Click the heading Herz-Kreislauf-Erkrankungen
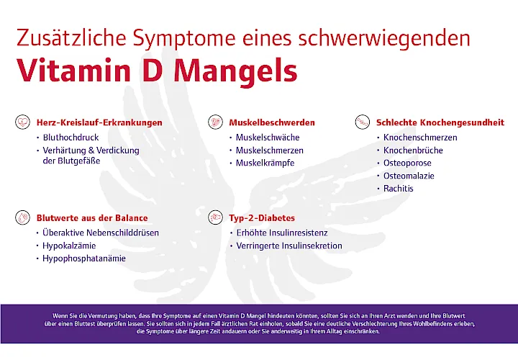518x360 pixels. [x=99, y=122]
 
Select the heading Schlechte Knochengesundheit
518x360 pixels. [x=440, y=122]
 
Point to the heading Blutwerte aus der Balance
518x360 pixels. [x=92, y=217]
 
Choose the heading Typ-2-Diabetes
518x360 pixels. [x=262, y=217]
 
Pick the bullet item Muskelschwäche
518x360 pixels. [x=268, y=137]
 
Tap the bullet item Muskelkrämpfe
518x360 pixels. [x=265, y=163]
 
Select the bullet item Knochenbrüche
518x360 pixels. [x=413, y=150]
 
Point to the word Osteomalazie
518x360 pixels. [x=409, y=176]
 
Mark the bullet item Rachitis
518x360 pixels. [x=399, y=189]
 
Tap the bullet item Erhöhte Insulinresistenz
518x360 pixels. [x=282, y=233]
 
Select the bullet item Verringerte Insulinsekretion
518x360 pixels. [x=289, y=246]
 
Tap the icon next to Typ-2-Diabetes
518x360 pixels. [x=214, y=217]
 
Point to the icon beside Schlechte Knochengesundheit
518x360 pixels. [x=362, y=122]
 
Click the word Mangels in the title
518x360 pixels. [x=236, y=70]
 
